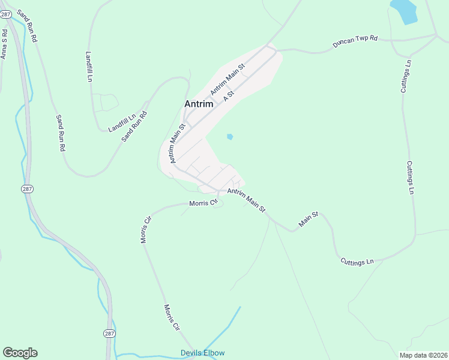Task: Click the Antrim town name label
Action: pyautogui.click(x=198, y=104)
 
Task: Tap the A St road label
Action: pyautogui.click(x=228, y=96)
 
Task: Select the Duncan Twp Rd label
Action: pyautogui.click(x=356, y=41)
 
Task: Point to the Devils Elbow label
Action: pyautogui.click(x=202, y=353)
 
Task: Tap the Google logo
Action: pyautogui.click(x=20, y=353)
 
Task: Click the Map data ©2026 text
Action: pyautogui.click(x=423, y=355)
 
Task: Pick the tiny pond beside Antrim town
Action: pyautogui.click(x=230, y=137)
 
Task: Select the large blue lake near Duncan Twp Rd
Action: pyautogui.click(x=403, y=11)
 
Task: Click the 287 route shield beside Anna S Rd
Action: pyautogui.click(x=6, y=14)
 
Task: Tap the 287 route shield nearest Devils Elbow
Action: pyautogui.click(x=109, y=333)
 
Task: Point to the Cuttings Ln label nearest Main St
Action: pyautogui.click(x=357, y=262)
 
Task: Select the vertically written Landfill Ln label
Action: pyautogui.click(x=89, y=66)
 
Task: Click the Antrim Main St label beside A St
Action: pyautogui.click(x=228, y=79)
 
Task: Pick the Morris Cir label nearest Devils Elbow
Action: pyautogui.click(x=172, y=317)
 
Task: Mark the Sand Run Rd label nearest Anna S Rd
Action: pyautogui.click(x=27, y=26)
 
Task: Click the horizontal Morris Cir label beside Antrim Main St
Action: pyautogui.click(x=203, y=203)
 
